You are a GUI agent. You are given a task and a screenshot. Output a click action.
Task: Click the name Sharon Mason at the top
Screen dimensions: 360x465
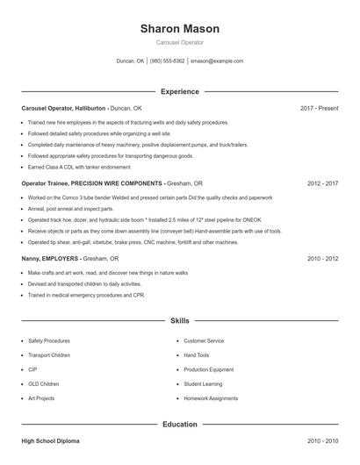pos(180,29)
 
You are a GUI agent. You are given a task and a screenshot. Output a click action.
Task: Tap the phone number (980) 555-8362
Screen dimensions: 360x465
pos(167,61)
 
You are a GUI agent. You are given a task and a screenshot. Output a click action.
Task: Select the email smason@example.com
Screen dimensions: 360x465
pos(216,61)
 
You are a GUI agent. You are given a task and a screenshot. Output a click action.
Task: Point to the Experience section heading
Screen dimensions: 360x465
pos(180,91)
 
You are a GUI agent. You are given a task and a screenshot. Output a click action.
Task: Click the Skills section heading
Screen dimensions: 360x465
pos(180,322)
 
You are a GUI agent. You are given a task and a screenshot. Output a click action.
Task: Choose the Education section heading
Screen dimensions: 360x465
pos(180,425)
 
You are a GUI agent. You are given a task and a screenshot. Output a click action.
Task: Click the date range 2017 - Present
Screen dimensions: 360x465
pos(319,108)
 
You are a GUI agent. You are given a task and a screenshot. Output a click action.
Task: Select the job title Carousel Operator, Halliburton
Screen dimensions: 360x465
pos(63,108)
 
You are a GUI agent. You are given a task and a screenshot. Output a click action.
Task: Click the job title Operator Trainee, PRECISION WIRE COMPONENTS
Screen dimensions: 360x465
pos(92,183)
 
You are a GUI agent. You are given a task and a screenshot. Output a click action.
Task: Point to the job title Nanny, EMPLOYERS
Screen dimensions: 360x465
pos(50,259)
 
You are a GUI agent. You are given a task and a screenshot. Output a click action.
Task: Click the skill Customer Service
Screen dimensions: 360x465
pos(204,340)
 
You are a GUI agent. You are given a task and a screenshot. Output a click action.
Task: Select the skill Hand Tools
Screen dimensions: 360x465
pos(197,355)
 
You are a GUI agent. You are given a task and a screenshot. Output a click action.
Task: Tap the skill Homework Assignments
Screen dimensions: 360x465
pos(211,398)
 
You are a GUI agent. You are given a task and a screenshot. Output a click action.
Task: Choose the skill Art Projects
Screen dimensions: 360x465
pos(41,398)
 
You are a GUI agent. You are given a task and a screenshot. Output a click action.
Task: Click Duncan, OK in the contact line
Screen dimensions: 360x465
pos(130,61)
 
